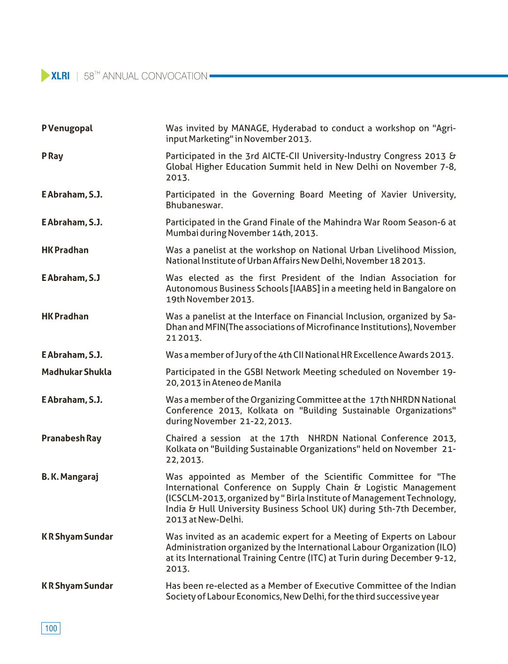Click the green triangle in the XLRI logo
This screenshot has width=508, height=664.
[x=45, y=75]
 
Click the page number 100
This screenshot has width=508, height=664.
[x=51, y=628]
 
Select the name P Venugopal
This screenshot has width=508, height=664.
[x=67, y=128]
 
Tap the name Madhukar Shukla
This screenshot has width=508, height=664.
[x=76, y=372]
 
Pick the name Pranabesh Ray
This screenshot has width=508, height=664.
[x=71, y=438]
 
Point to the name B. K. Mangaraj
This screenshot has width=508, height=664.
[x=70, y=477]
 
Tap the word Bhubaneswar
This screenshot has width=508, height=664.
[x=194, y=205]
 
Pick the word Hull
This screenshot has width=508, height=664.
[x=206, y=509]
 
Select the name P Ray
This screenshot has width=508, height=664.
[x=52, y=156]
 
